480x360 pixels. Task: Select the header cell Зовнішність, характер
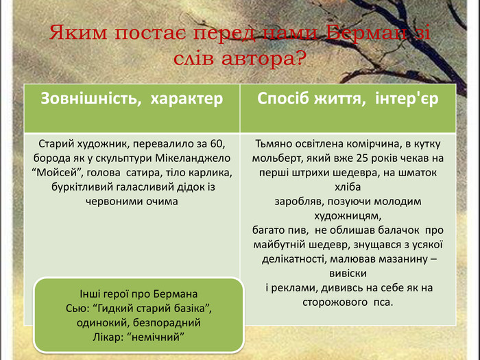[132, 98]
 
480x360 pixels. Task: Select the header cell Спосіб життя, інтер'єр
[348, 98]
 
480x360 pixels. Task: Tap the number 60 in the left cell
[217, 144]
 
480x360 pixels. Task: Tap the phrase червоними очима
[132, 202]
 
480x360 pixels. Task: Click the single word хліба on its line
[348, 187]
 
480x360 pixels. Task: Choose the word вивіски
[348, 273]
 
